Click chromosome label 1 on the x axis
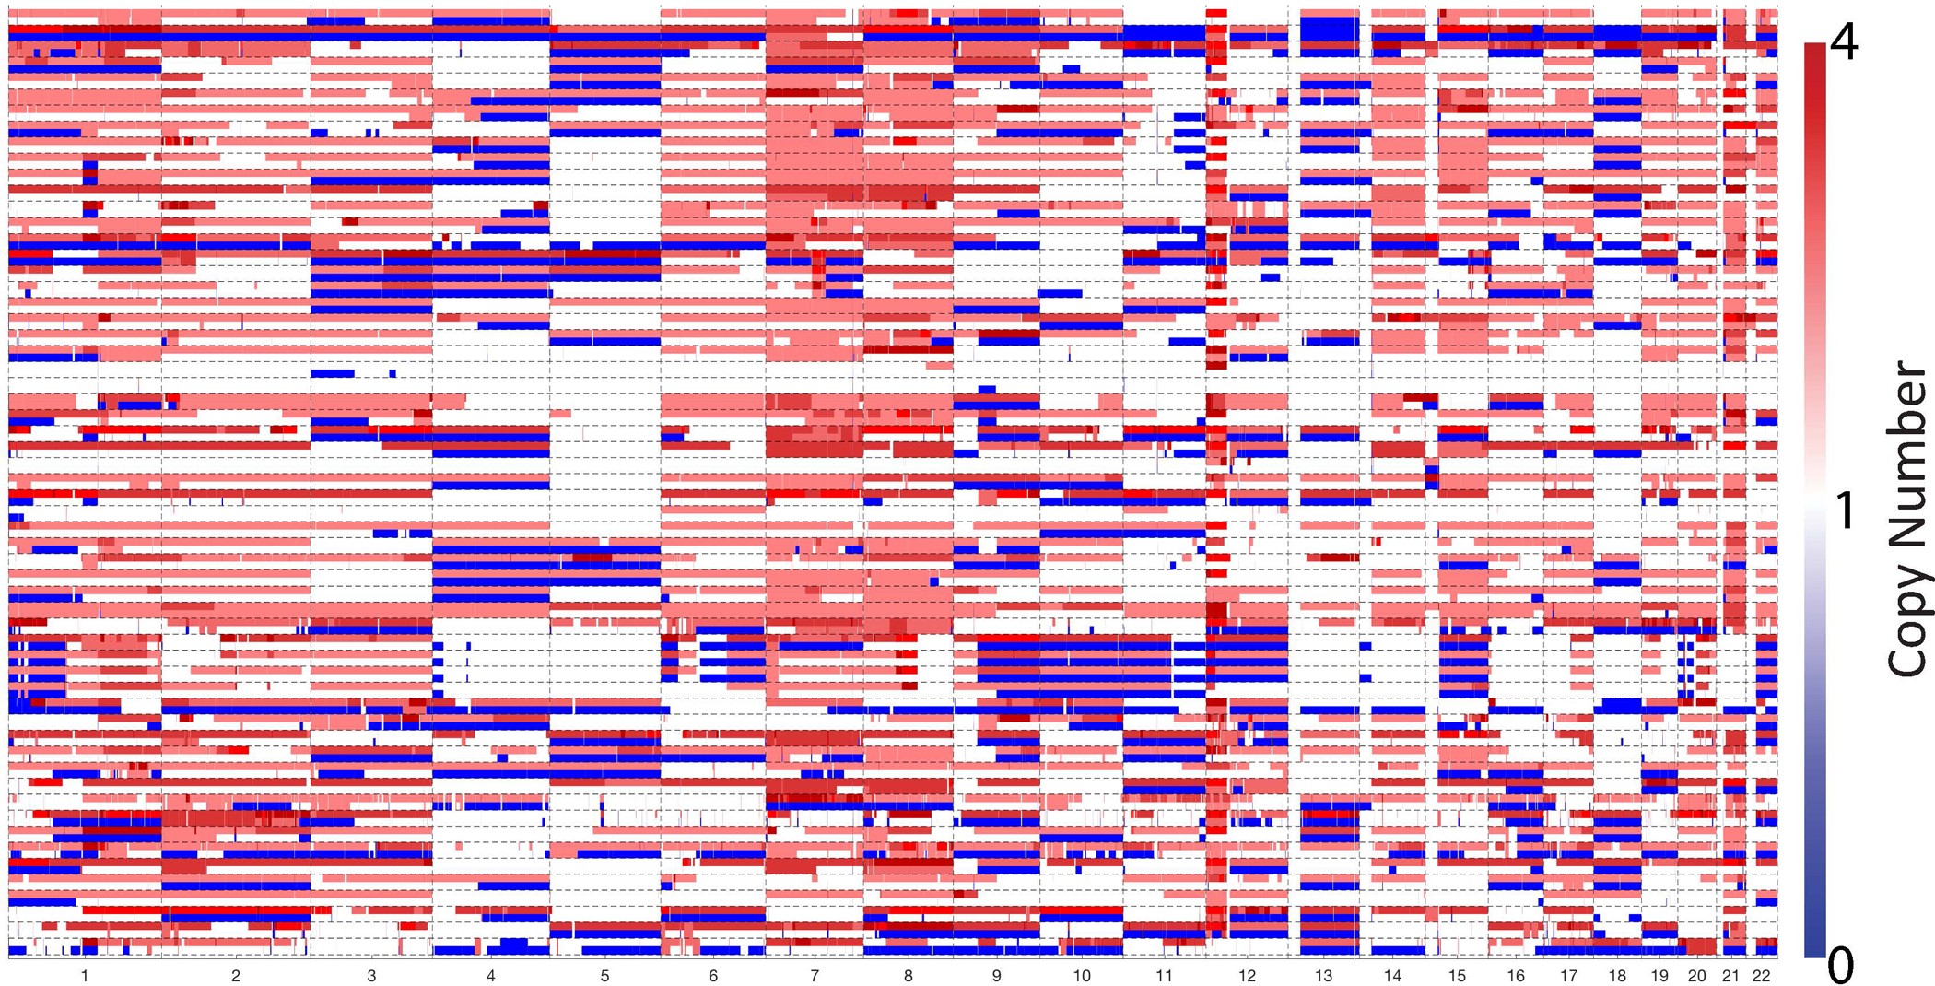click(x=85, y=976)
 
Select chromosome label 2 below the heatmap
click(x=236, y=976)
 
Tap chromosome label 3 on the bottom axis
click(x=371, y=976)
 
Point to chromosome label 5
click(x=604, y=976)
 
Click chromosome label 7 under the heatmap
click(x=815, y=976)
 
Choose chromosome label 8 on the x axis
click(x=909, y=976)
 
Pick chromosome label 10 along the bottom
click(x=1082, y=976)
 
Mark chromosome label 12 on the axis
click(x=1247, y=976)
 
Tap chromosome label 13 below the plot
click(x=1323, y=976)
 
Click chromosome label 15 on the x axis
click(x=1457, y=976)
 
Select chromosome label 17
click(x=1568, y=976)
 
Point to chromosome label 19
click(x=1659, y=976)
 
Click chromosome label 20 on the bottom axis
click(x=1696, y=976)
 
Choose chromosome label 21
click(x=1730, y=976)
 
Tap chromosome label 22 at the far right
click(x=1762, y=976)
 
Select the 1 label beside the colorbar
click(x=1844, y=510)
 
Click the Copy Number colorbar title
click(x=1906, y=520)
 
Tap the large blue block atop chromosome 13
click(x=1329, y=29)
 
